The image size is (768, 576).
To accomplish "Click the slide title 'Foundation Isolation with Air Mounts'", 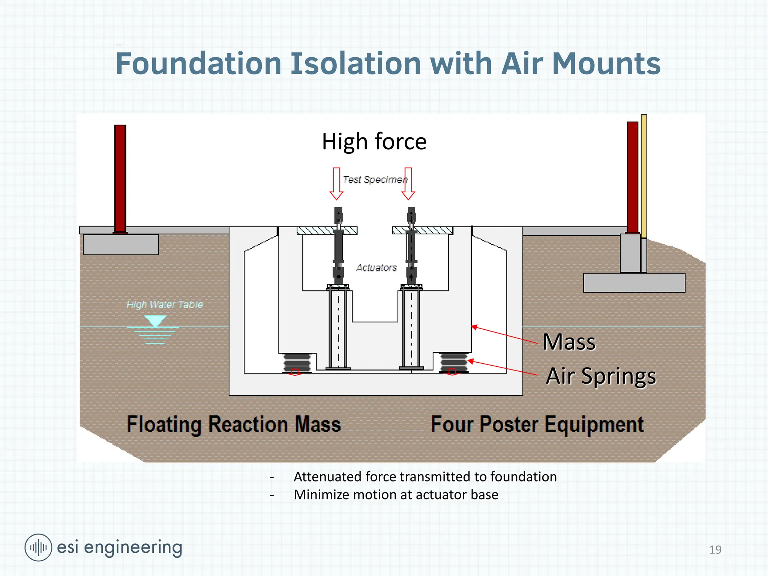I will [388, 64].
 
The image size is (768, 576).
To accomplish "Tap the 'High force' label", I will [374, 142].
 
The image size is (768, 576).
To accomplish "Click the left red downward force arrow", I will [336, 183].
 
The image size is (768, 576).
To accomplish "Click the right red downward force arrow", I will [408, 183].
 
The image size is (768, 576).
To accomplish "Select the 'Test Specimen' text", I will [375, 180].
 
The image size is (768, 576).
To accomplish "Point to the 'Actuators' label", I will [376, 268].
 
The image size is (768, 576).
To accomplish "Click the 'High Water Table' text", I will [164, 304].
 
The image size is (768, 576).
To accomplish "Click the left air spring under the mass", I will [297, 362].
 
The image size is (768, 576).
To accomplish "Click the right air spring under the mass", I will [453, 362].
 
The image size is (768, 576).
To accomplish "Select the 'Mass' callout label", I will [569, 342].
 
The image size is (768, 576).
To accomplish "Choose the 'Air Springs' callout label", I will [601, 376].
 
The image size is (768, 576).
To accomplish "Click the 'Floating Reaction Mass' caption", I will [234, 424].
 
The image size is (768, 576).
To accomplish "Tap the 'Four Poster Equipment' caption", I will [537, 424].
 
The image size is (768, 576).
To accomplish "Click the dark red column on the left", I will [120, 178].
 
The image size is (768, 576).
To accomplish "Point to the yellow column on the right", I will [644, 176].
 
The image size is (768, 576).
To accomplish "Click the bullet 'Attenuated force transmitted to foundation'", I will [425, 477].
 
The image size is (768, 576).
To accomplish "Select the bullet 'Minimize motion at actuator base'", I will [396, 495].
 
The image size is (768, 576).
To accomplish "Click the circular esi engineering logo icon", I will [38, 547].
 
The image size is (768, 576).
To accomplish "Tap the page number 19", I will [715, 550].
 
